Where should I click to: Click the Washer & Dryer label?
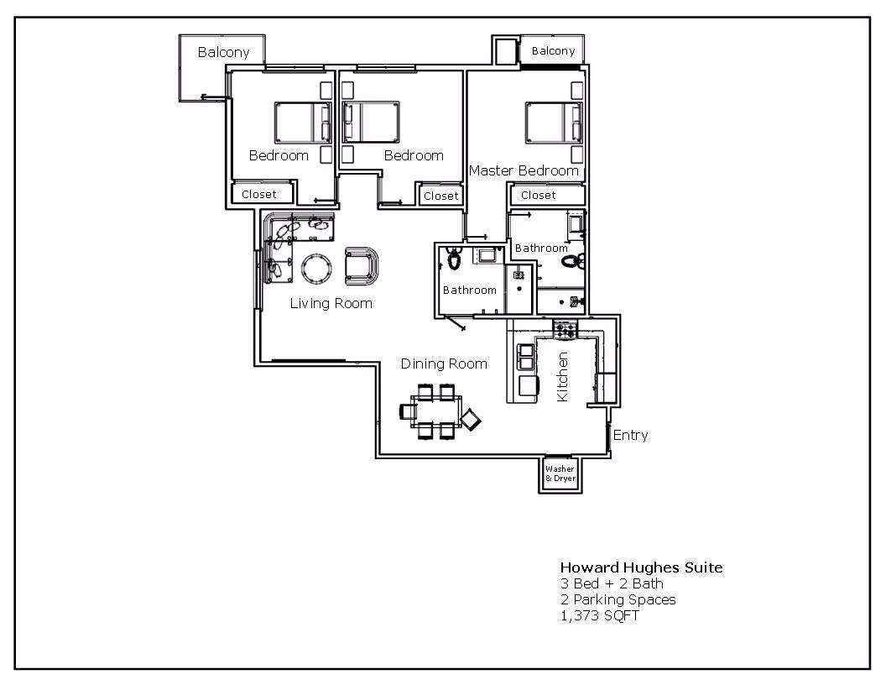tap(560, 473)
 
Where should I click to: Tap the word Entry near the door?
tap(630, 435)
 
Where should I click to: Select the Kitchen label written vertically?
tap(562, 376)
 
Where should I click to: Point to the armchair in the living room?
tap(362, 265)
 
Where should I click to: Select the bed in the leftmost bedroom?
tap(302, 123)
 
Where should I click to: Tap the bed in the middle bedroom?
tap(370, 123)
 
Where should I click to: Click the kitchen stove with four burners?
tap(565, 329)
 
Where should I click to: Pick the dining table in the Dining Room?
tap(436, 410)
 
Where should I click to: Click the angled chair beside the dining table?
tap(472, 418)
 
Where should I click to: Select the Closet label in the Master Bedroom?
tap(538, 195)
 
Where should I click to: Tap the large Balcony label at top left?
tap(223, 52)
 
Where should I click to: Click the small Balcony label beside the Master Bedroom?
tap(553, 51)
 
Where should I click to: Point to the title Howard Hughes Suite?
tap(641, 567)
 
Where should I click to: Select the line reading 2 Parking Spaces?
tap(618, 599)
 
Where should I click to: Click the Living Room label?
tap(331, 303)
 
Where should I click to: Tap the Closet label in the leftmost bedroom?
tap(258, 194)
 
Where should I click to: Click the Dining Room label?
tap(444, 363)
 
